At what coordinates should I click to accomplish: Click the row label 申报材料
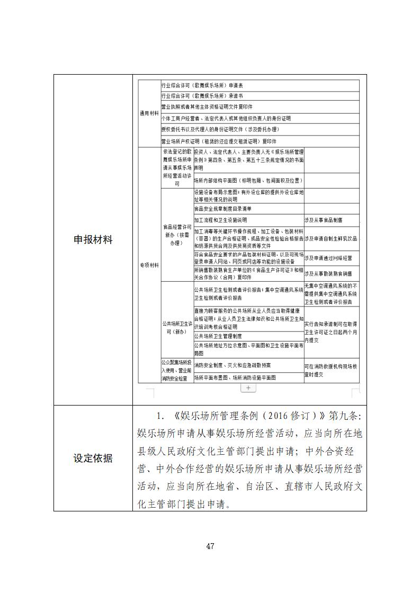click(x=93, y=240)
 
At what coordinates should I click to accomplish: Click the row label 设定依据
click(x=93, y=458)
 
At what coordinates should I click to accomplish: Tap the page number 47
click(x=210, y=546)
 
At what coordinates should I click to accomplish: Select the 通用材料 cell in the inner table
click(x=149, y=113)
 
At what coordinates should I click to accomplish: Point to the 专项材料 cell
click(x=149, y=265)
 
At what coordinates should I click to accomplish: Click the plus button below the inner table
click(x=248, y=388)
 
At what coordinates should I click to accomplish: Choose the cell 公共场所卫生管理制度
click(x=218, y=336)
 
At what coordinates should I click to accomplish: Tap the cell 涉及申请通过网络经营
click(x=328, y=258)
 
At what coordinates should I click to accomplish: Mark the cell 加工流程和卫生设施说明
click(x=220, y=220)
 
